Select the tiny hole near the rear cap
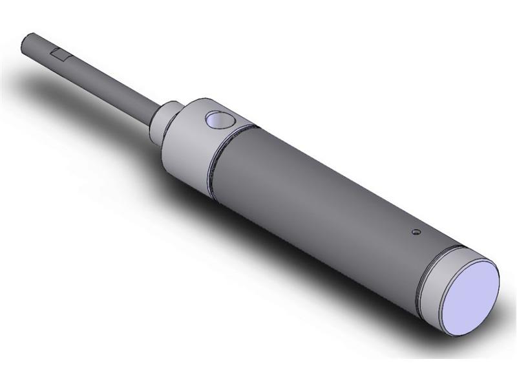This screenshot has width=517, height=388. click(416, 230)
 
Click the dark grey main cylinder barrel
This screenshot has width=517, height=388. click(323, 194)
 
